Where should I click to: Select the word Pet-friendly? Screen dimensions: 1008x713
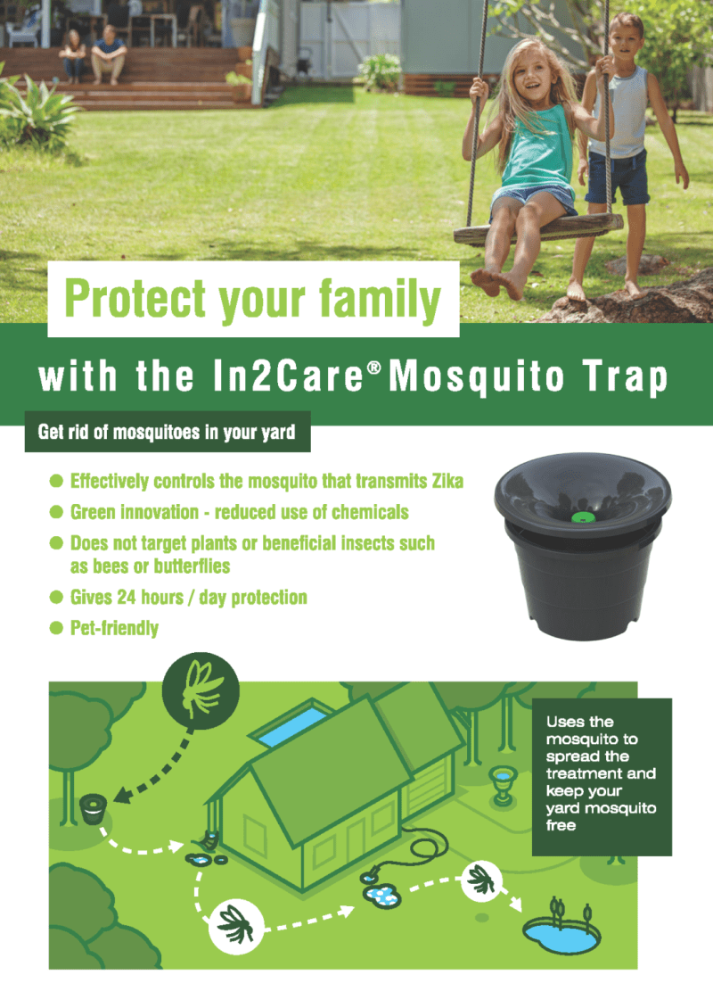114,628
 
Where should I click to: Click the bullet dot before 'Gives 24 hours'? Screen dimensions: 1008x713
55,597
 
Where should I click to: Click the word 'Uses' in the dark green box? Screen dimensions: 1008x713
568,722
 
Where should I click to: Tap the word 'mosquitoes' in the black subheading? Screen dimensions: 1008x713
133,433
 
